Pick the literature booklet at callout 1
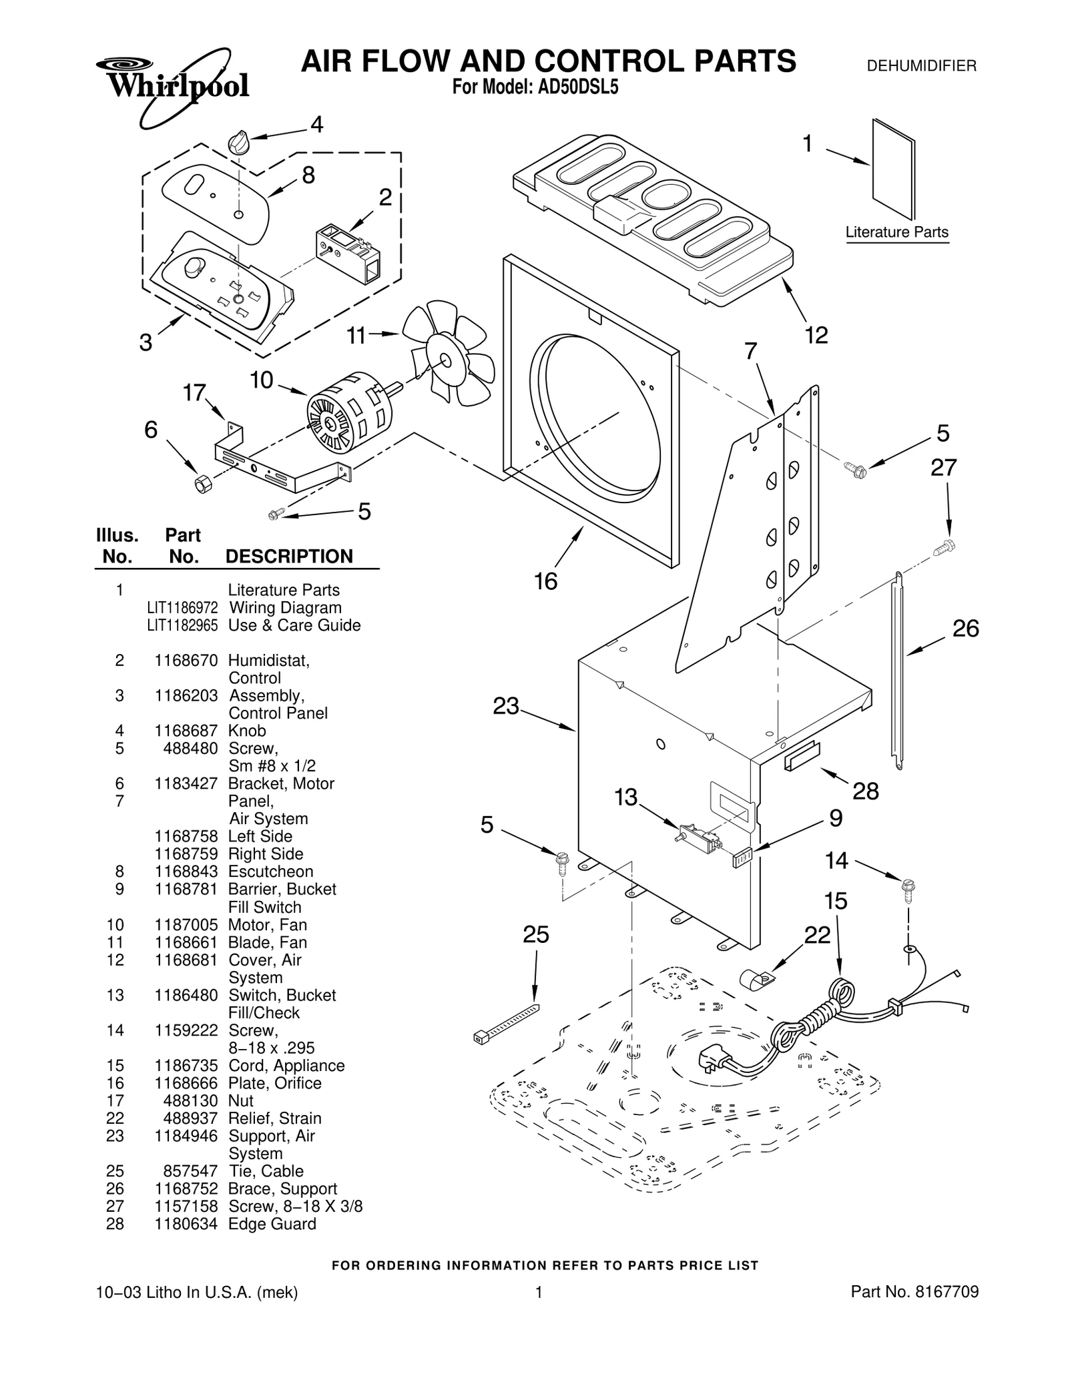pos(893,169)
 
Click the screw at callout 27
pos(946,547)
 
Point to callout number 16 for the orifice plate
pos(545,582)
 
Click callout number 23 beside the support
pos(505,706)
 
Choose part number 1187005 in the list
pos(186,925)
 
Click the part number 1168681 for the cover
pos(186,960)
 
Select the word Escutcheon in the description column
pos(270,872)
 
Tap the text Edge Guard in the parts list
pos(272,1224)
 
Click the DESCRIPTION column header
pos(289,557)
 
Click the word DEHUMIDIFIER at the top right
pos(921,65)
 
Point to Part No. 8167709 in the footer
pos(914,1311)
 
